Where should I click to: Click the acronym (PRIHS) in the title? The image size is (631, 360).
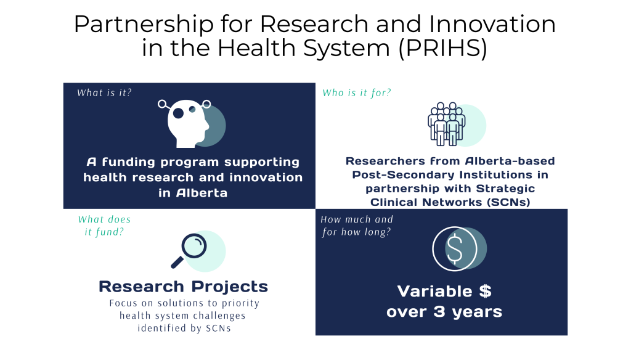[x=442, y=48]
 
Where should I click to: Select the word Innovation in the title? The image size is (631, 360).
[x=492, y=24]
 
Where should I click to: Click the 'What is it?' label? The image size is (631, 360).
[x=104, y=92]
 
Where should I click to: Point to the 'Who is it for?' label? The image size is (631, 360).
[x=357, y=93]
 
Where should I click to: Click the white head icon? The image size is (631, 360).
[x=187, y=123]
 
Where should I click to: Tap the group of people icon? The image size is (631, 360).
[x=447, y=124]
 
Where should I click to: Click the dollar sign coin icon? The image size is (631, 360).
[x=455, y=248]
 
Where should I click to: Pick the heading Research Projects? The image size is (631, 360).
[x=183, y=287]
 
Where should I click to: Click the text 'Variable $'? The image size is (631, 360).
[x=444, y=291]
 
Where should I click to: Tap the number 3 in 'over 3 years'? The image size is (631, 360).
[x=439, y=312]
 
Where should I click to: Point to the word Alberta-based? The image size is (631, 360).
[x=510, y=161]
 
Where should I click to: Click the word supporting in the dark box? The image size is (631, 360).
[x=261, y=163]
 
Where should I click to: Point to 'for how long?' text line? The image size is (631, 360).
[x=356, y=232]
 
